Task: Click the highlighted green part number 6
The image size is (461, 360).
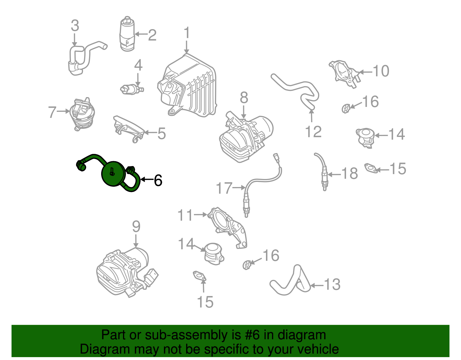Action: point(113,174)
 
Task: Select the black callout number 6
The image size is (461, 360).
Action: point(158,180)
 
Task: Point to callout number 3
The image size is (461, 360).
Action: point(75,26)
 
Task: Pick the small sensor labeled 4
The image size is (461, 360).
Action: point(131,89)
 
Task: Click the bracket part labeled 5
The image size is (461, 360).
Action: point(128,129)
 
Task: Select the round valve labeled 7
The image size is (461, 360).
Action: point(82,114)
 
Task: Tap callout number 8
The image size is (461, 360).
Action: point(244,98)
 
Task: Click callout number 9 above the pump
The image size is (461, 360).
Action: point(136,227)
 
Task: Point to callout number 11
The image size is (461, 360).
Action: point(185,215)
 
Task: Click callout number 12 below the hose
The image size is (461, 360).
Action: point(313,132)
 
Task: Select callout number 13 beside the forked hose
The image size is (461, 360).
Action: point(332,285)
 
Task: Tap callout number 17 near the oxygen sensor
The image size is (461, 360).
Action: point(224,188)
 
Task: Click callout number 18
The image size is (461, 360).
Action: point(349,174)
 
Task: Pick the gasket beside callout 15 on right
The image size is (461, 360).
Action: point(371,168)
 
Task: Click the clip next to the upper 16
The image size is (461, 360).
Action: point(345,108)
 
